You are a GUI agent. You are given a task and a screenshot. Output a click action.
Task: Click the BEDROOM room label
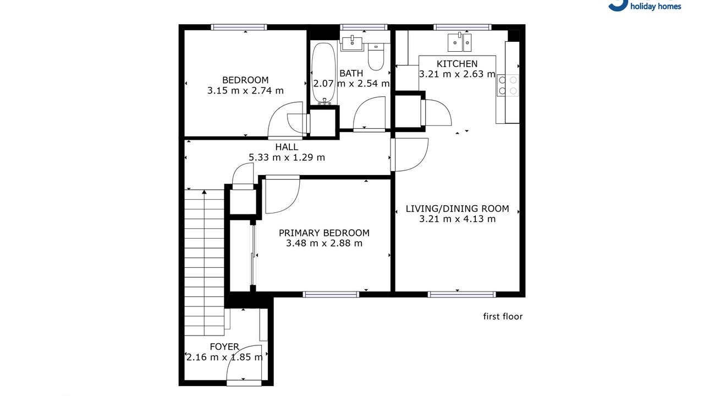click(x=245, y=80)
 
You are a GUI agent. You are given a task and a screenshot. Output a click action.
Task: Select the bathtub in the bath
click(x=323, y=73)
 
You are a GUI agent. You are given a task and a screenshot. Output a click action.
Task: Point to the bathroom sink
click(x=352, y=43)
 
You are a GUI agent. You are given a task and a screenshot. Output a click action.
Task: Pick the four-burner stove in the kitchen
click(x=508, y=85)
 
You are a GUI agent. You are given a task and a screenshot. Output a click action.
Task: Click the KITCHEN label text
click(x=457, y=64)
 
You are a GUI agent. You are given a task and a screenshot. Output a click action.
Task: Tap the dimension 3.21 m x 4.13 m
click(x=457, y=219)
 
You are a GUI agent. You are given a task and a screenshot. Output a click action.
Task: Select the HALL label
click(x=287, y=147)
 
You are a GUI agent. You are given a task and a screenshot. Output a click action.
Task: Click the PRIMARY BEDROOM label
click(x=324, y=233)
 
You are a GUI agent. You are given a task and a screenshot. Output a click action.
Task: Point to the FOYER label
click(x=224, y=346)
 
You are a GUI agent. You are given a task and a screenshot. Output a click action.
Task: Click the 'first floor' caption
click(x=503, y=316)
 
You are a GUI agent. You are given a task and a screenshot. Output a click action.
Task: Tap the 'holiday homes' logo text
click(x=656, y=7)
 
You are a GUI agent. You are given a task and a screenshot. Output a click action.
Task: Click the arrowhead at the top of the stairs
click(x=204, y=192)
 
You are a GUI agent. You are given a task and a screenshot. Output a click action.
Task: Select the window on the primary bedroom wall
click(x=331, y=294)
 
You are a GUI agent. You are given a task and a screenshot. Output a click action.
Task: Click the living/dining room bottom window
click(x=461, y=294)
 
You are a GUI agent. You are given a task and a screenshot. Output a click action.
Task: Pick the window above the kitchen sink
click(x=463, y=28)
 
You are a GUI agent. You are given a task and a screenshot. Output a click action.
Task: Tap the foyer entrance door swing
click(x=244, y=363)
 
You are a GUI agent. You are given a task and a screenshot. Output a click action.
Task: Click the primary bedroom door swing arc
click(x=283, y=196)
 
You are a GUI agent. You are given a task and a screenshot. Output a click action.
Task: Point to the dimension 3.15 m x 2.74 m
click(x=245, y=91)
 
